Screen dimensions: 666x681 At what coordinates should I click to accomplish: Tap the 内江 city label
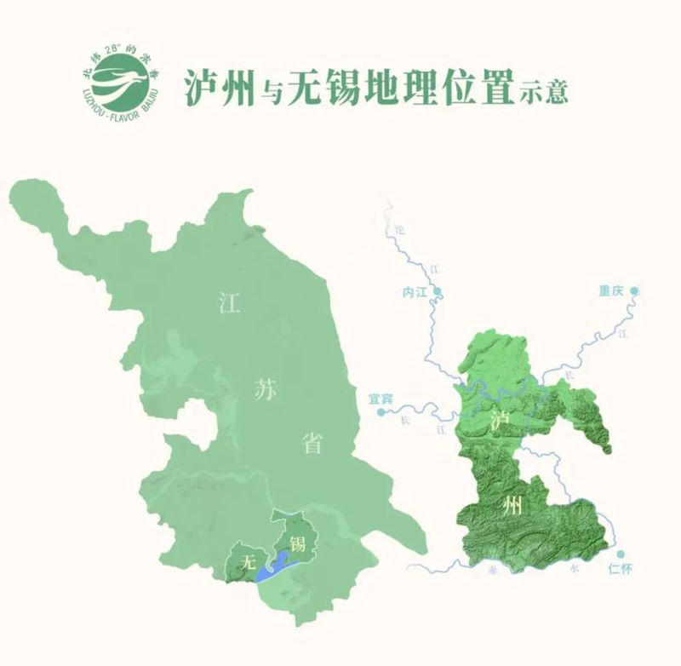[x=413, y=292]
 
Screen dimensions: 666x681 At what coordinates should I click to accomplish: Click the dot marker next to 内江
[x=438, y=292]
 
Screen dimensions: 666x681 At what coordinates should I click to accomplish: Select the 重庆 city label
[x=611, y=291]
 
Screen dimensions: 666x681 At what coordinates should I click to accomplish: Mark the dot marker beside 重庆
[x=635, y=291]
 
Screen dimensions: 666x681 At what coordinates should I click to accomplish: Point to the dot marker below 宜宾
[x=381, y=411]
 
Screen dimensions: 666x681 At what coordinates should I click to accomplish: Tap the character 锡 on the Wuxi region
[x=298, y=543]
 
